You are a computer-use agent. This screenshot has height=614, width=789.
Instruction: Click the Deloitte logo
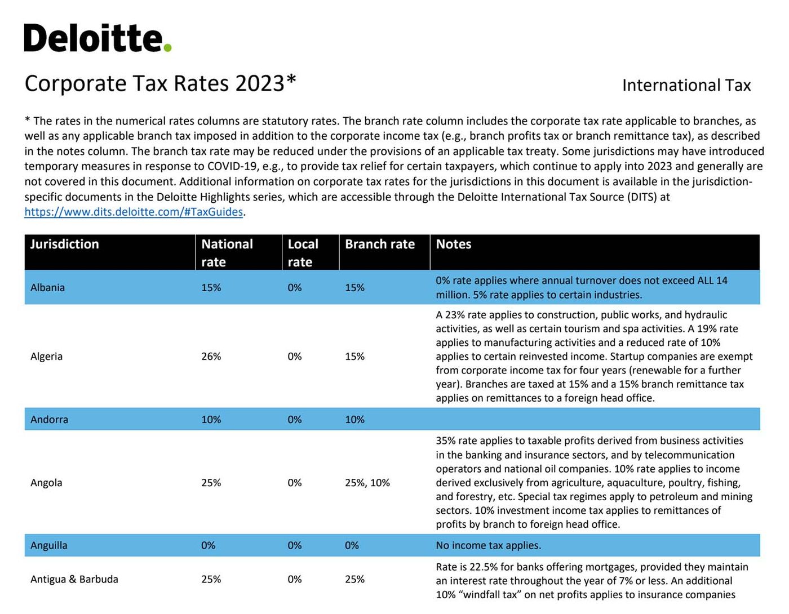(x=97, y=38)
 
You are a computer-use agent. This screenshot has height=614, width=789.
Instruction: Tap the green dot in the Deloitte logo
(x=167, y=48)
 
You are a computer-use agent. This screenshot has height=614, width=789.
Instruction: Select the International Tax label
(x=686, y=86)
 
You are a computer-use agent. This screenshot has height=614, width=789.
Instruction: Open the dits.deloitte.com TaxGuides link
(x=134, y=212)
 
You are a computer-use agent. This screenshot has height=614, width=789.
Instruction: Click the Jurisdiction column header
(x=65, y=244)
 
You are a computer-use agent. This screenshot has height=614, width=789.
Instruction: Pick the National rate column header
(x=227, y=253)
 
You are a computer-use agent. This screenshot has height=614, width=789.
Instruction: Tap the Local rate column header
(x=303, y=253)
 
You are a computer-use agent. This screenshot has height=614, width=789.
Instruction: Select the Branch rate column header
(x=380, y=244)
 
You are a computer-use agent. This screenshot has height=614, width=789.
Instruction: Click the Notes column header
(x=454, y=244)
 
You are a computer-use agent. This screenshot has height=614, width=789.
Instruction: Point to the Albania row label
(x=47, y=288)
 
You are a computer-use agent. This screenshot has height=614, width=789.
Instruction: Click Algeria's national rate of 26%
(x=211, y=357)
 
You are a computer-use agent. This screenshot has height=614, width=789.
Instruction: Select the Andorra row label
(x=50, y=420)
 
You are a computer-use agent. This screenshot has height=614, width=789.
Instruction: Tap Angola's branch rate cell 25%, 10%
(x=367, y=483)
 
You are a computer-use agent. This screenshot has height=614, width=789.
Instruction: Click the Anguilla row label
(x=49, y=545)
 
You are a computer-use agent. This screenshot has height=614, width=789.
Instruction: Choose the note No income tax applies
(x=489, y=545)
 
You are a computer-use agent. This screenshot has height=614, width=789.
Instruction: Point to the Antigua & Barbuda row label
(x=74, y=579)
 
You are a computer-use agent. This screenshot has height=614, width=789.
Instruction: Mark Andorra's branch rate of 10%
(x=354, y=420)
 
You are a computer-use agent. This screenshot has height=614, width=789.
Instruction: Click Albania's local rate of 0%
(x=295, y=288)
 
